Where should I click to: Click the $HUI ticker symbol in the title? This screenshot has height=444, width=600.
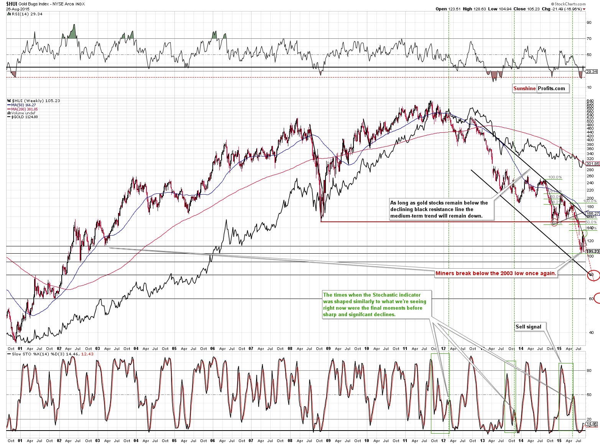[11, 4]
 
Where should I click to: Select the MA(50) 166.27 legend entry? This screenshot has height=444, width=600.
[23, 105]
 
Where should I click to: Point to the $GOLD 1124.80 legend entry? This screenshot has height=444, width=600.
[25, 117]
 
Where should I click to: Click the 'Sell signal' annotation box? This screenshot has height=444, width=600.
[528, 327]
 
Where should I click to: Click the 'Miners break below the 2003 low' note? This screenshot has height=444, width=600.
[495, 273]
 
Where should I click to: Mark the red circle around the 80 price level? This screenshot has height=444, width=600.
[593, 275]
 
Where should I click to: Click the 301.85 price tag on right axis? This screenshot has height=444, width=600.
[593, 163]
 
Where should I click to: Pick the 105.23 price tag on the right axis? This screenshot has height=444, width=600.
[593, 251]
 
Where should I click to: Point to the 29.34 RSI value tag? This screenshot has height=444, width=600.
[592, 71]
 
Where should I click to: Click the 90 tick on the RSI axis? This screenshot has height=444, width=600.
[589, 22]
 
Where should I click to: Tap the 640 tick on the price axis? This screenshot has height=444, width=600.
[590, 101]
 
